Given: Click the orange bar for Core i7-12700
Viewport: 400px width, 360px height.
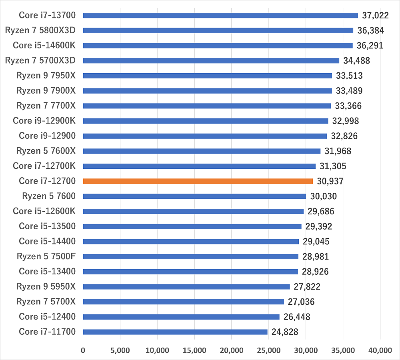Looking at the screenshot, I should click(x=198, y=181).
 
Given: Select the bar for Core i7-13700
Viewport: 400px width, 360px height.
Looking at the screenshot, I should click(x=220, y=15).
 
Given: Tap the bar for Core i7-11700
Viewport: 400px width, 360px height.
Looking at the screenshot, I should click(x=175, y=332).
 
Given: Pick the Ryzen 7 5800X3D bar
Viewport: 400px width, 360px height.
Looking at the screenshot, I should click(x=218, y=30).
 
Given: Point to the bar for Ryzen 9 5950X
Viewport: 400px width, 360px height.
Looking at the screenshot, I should click(x=186, y=286).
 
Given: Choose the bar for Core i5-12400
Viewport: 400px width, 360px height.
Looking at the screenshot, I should click(x=181, y=317).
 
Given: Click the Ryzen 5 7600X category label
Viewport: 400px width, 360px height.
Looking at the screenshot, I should click(x=46, y=151).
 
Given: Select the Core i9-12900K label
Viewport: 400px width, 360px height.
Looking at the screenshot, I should click(x=44, y=121).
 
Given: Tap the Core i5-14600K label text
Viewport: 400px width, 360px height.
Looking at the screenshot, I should click(x=44, y=45).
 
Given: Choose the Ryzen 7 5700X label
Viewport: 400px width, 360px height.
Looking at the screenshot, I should click(x=46, y=302).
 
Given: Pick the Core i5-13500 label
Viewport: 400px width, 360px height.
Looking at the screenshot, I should click(x=47, y=226).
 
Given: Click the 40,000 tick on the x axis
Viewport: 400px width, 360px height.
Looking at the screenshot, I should click(x=380, y=350).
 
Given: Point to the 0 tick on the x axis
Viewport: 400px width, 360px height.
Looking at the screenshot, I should click(x=83, y=350).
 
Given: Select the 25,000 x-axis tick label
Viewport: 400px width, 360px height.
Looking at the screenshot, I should click(x=268, y=350).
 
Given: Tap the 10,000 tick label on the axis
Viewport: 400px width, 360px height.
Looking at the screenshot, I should click(x=157, y=350).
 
